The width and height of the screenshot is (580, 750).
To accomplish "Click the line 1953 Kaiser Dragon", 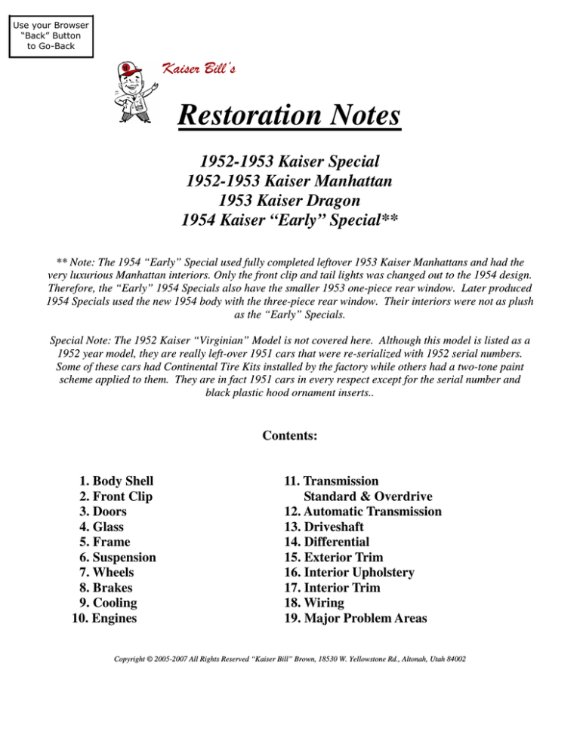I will coord(289,201).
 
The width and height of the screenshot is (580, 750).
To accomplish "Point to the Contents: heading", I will coord(289,435).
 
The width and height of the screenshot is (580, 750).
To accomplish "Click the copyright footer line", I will coord(289,659).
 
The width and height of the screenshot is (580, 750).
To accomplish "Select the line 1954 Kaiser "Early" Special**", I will coord(289,220).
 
